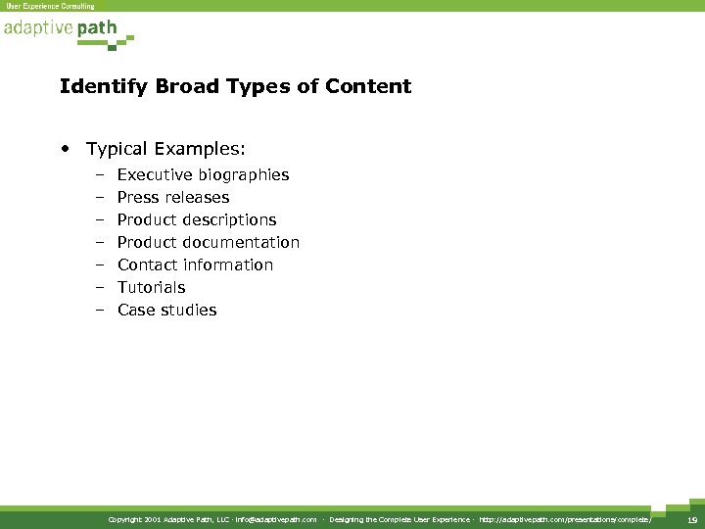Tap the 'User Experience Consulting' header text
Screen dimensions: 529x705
click(x=50, y=6)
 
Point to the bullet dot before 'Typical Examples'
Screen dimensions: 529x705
click(x=64, y=149)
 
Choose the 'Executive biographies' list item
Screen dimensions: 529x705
click(x=203, y=174)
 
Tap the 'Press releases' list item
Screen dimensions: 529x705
click(x=173, y=197)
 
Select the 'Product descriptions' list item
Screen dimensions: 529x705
click(x=197, y=219)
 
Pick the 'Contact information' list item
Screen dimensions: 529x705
click(x=195, y=264)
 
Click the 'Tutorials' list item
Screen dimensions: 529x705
click(x=151, y=287)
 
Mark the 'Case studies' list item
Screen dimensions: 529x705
click(x=166, y=310)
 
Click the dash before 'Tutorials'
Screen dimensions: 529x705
click(x=100, y=287)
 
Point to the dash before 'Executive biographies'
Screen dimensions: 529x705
click(x=100, y=174)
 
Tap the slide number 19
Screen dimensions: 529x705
click(x=691, y=519)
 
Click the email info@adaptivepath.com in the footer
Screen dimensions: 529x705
click(x=276, y=519)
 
